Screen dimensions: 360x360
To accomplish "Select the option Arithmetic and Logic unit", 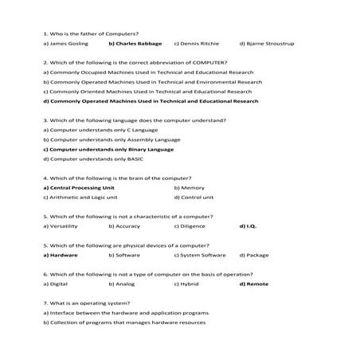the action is pyautogui.click(x=80, y=197).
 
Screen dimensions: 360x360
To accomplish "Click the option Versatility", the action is pyautogui.click(x=61, y=226).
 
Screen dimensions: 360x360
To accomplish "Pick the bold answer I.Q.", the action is pyautogui.click(x=249, y=226).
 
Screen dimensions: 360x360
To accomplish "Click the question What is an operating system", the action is pyautogui.click(x=86, y=303).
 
